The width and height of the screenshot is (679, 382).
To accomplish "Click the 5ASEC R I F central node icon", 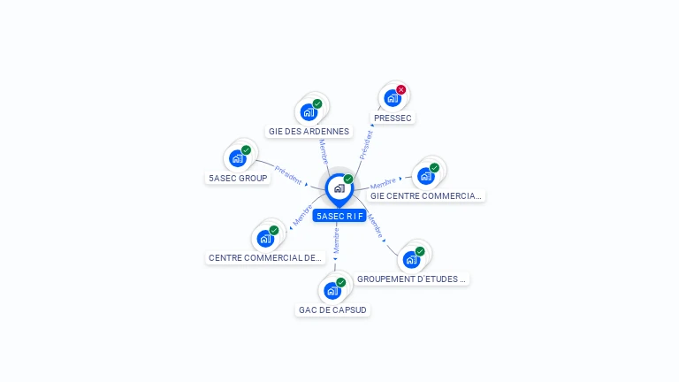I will [339, 188].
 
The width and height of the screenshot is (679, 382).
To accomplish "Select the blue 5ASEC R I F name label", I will [339, 216].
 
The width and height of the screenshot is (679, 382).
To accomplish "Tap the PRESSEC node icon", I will [393, 98].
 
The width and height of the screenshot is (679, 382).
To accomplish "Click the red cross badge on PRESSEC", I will [401, 89].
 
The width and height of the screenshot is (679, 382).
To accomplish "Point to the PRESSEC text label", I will [393, 118].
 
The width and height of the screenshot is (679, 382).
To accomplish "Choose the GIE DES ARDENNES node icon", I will [309, 112].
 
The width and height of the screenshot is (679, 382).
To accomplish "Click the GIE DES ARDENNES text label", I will [309, 132].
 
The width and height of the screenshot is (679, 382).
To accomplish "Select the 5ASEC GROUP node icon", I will [237, 158].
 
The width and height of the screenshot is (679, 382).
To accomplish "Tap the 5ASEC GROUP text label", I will [238, 178].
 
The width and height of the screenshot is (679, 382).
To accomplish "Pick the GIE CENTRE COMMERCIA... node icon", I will [426, 176].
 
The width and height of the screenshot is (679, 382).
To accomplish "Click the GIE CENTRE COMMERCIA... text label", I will [426, 196].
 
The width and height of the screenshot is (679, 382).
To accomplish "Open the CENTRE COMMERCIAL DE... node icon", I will [265, 238].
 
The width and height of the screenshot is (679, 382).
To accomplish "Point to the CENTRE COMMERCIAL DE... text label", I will [265, 258].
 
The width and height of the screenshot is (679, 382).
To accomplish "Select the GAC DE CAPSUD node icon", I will [332, 291].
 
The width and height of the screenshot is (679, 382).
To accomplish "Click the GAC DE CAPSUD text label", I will [332, 310].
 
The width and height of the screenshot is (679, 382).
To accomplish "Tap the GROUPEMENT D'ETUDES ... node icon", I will [411, 259].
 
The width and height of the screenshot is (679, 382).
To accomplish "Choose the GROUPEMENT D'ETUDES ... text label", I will [412, 279].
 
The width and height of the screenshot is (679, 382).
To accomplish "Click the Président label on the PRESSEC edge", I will [366, 144].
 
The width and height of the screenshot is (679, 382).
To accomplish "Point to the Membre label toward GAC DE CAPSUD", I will [336, 239].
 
